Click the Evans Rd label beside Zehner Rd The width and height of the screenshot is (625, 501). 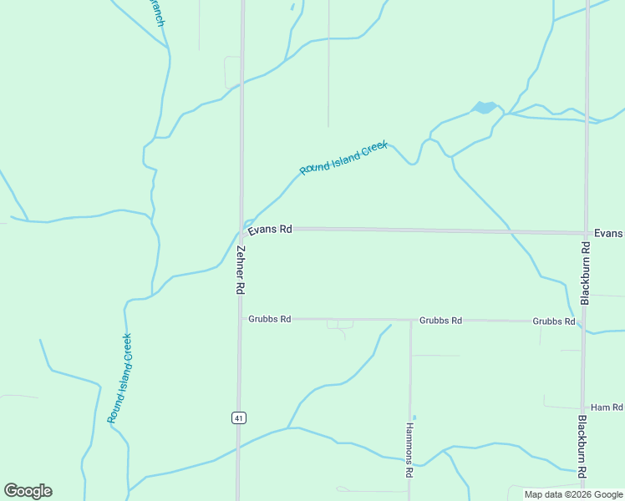click(x=269, y=229)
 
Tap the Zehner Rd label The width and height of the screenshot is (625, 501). click(x=240, y=269)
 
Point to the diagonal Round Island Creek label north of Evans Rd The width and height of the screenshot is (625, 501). click(x=343, y=158)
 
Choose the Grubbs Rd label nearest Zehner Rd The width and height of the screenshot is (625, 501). click(x=269, y=319)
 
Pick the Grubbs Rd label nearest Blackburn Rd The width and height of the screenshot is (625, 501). click(x=553, y=321)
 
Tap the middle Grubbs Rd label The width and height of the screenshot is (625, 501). click(x=440, y=320)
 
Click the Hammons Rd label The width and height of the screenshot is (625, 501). click(x=410, y=449)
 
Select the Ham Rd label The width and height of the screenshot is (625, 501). click(x=607, y=407)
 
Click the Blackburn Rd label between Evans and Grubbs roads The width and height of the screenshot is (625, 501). click(x=586, y=273)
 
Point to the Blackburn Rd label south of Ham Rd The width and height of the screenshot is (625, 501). click(x=582, y=447)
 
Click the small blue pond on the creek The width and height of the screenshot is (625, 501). click(x=484, y=108)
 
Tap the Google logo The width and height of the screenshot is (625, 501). click(x=28, y=491)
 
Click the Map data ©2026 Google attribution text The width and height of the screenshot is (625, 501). click(x=573, y=494)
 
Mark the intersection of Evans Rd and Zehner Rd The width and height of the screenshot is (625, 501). click(x=241, y=228)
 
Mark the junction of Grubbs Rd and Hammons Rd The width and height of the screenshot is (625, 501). click(x=410, y=320)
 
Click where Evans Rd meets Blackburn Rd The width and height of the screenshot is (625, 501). click(x=587, y=233)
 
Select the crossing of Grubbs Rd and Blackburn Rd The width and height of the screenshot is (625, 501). click(x=585, y=321)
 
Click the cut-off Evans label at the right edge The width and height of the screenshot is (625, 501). click(x=609, y=234)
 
